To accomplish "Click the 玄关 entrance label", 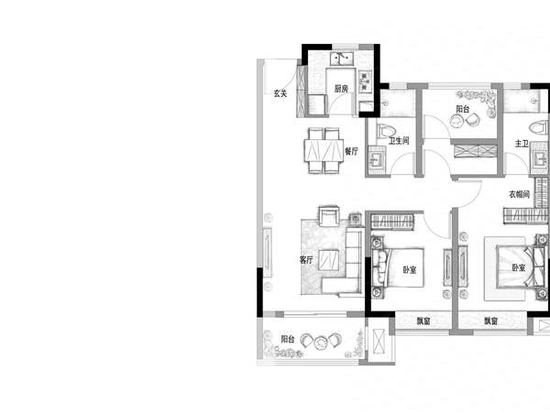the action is coord(280,93).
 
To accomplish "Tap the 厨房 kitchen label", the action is coord(341,89).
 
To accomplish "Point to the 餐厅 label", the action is coord(351,151).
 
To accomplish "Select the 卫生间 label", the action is coord(399,141).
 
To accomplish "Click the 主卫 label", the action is coord(522,143).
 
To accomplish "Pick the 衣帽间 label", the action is coord(520,194).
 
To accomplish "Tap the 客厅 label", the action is coord(306,260).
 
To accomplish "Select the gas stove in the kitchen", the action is coord(365,82).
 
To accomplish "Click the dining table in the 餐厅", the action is coord(324,150).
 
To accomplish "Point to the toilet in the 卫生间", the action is coord(386,131).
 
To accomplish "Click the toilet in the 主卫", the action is coord(539,127).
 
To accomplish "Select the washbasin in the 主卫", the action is coord(540,159).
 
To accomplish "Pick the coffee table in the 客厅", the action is coord(329,259).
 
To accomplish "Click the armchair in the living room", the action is coord(329,216).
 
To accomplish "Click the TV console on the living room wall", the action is coord(268,252).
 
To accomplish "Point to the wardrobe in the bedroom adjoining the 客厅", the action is coord(392,222).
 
